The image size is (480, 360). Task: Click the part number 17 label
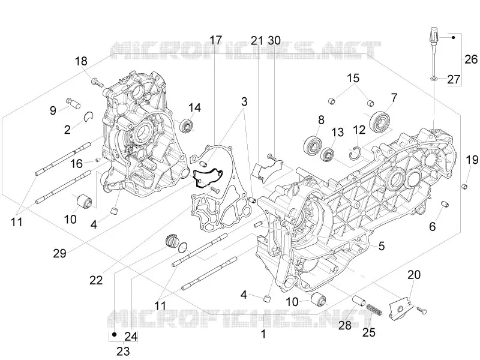click(215, 40)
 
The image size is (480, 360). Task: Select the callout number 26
click(471, 59)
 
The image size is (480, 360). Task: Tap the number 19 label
click(472, 160)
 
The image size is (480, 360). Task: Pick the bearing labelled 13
click(329, 154)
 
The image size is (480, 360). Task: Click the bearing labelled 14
click(187, 127)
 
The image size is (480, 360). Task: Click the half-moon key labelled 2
click(88, 116)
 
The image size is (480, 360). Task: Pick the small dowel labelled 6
click(445, 204)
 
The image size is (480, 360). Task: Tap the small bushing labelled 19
click(464, 186)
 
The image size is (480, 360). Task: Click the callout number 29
click(59, 253)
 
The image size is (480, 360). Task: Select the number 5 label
click(382, 246)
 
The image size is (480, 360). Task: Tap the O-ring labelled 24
click(183, 247)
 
